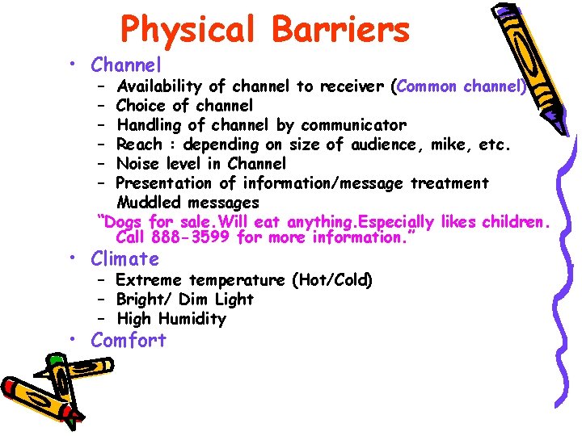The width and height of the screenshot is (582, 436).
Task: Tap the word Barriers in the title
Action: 343,29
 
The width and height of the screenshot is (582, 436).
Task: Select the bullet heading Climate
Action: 125,259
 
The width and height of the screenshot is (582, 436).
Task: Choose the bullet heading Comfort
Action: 129,340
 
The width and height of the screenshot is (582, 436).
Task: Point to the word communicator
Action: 353,125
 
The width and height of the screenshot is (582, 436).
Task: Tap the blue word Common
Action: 426,86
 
